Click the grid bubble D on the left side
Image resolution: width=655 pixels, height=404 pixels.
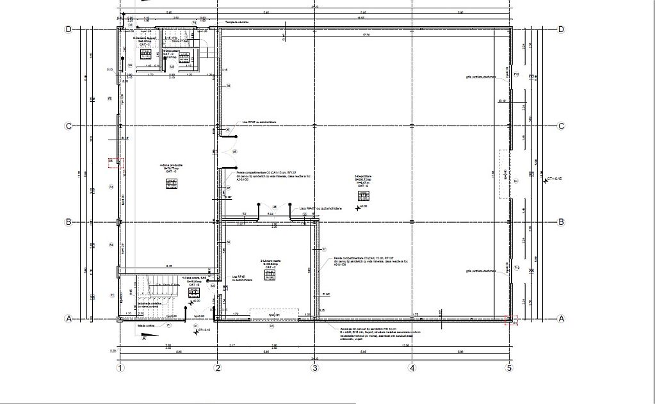69,29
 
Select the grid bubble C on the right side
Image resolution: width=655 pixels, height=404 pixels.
562,126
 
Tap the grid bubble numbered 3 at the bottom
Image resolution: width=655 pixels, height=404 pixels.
314,368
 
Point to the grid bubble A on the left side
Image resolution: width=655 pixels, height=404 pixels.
69,318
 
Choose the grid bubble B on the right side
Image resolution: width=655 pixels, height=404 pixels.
562,222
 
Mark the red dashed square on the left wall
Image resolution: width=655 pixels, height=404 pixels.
113,164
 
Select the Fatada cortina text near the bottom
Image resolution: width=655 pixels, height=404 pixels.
146,325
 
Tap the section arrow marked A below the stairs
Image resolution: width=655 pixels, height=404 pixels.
143,337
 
